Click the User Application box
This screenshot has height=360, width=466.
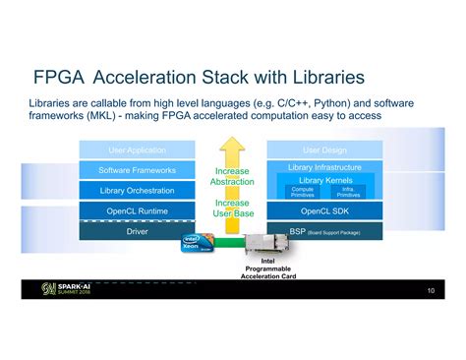click(x=137, y=150)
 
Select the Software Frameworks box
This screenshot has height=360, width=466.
click(x=137, y=170)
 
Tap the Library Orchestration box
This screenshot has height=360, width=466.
click(x=137, y=190)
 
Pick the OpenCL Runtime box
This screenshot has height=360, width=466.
click(x=137, y=210)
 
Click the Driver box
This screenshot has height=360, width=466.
click(x=137, y=233)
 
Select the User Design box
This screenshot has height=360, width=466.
click(x=323, y=150)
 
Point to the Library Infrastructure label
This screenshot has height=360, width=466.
click(x=323, y=168)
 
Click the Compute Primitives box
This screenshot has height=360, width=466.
click(x=303, y=193)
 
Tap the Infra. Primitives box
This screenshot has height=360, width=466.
click(x=347, y=193)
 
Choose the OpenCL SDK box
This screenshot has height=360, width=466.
click(x=323, y=210)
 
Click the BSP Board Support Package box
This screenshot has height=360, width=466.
click(x=323, y=232)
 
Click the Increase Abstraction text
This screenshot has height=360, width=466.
click(x=232, y=176)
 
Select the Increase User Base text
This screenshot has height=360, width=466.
click(x=232, y=208)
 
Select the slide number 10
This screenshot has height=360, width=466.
click(x=431, y=292)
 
